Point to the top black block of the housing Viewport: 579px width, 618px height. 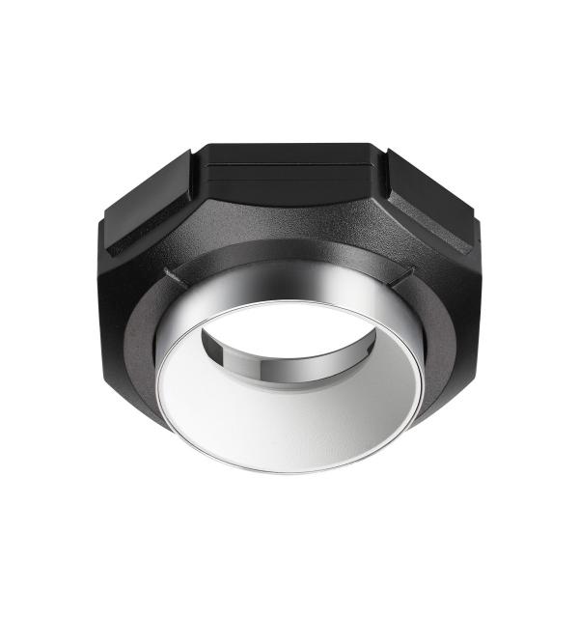289,164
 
